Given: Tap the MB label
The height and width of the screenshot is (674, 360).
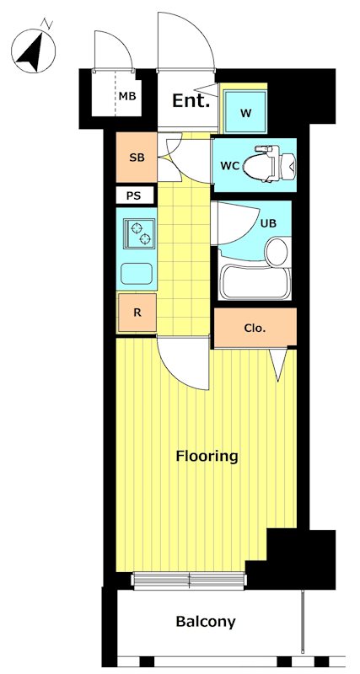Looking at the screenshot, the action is coord(127,96).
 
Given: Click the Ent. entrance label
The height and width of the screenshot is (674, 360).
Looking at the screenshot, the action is coord(191,101).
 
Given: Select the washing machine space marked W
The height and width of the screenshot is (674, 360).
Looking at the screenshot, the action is coord(245,113).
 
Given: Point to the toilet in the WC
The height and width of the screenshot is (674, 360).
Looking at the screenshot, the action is coord(269,165).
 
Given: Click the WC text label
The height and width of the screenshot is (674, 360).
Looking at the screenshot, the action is coord(229,167).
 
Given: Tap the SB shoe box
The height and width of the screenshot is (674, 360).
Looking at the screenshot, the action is coord(137,158).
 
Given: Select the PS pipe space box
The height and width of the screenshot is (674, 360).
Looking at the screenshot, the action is coord(134,196).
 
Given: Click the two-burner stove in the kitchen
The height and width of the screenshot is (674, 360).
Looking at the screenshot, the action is coord(140,233).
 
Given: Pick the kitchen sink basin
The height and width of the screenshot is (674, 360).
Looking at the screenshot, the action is coord(137,274).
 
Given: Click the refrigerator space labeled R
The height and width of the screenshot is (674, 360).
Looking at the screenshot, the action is coord(137,313).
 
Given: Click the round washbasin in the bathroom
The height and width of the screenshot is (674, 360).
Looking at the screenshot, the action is coord(277,252).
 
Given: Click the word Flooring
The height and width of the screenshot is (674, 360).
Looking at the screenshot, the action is coord(207,456).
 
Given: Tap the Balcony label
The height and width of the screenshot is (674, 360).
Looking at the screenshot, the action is coord(206,622).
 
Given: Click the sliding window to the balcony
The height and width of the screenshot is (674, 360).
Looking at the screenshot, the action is coord(190,580).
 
